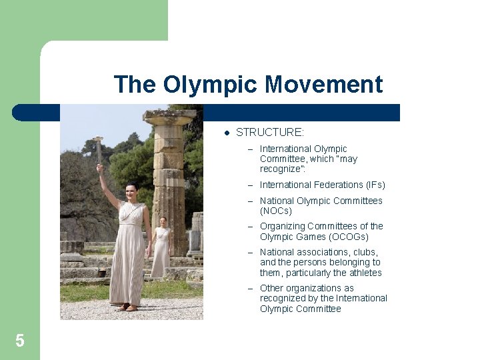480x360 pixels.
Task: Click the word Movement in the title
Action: (x=323, y=85)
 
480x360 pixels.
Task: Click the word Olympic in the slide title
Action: (x=211, y=85)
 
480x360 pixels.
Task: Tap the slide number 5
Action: (x=20, y=341)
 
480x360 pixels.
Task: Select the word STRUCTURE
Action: (x=269, y=133)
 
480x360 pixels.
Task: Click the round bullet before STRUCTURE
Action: (x=226, y=133)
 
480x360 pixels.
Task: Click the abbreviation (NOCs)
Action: (x=276, y=211)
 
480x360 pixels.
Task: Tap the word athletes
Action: (x=365, y=273)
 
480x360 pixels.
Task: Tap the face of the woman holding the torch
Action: (x=132, y=193)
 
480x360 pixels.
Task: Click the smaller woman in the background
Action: (x=161, y=247)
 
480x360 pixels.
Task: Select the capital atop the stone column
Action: (x=169, y=119)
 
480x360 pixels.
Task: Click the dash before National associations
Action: (x=251, y=252)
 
